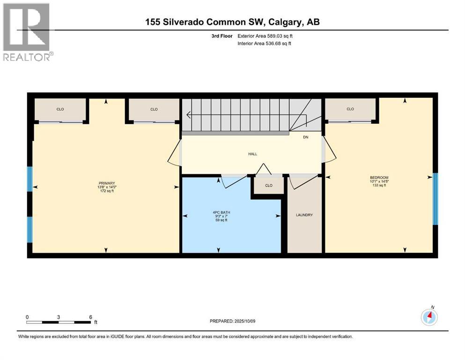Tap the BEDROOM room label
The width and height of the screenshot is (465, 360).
coord(379,178)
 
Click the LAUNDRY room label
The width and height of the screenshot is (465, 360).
coord(304,215)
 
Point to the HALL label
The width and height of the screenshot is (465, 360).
coord(252,154)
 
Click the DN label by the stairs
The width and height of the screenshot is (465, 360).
coord(305,137)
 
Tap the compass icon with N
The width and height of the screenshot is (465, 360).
coord(429,318)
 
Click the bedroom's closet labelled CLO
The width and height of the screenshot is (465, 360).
coord(350,109)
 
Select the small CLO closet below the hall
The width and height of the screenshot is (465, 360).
coord(268,185)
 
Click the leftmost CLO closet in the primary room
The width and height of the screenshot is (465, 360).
coord(60,109)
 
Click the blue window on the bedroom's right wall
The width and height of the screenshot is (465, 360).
coord(435,199)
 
